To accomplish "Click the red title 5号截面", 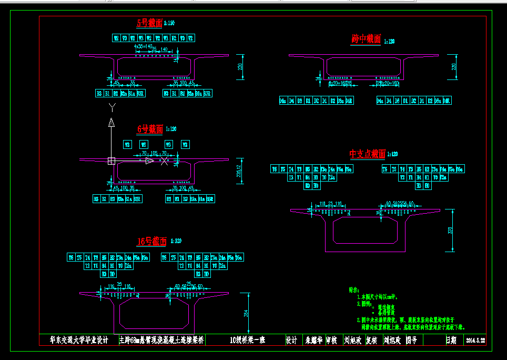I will coord(149,23).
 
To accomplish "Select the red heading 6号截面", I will coord(149,128).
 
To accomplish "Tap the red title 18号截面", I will coord(151,242).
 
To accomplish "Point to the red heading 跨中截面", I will coord(366,39).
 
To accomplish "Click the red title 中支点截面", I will coord(368,154).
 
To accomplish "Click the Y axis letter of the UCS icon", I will coord(111,107).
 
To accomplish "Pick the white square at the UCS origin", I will coord(111,161).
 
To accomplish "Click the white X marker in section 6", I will coord(165,161).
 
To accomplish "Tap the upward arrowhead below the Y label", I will coord(111,123).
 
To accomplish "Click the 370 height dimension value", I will coord(450,231).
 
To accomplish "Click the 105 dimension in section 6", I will coord(154,153).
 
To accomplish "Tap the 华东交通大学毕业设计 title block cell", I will coord(79,341).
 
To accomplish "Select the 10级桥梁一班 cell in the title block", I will coord(248,341).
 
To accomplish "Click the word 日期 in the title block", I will coord(451,341).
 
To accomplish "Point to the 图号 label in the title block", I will coord(411,341).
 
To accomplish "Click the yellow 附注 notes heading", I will coord(354,289).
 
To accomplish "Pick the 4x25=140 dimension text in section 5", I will coord(143,46).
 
